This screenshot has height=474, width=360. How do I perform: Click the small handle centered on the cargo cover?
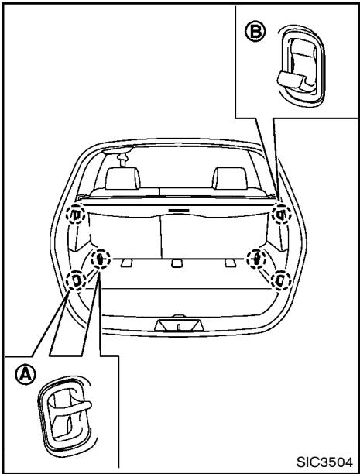[x=177, y=209]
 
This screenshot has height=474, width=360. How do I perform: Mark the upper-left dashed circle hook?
[x=75, y=214]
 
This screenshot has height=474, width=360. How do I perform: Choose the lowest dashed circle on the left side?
[x=76, y=279]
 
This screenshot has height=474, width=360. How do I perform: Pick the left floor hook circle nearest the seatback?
[x=100, y=259]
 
